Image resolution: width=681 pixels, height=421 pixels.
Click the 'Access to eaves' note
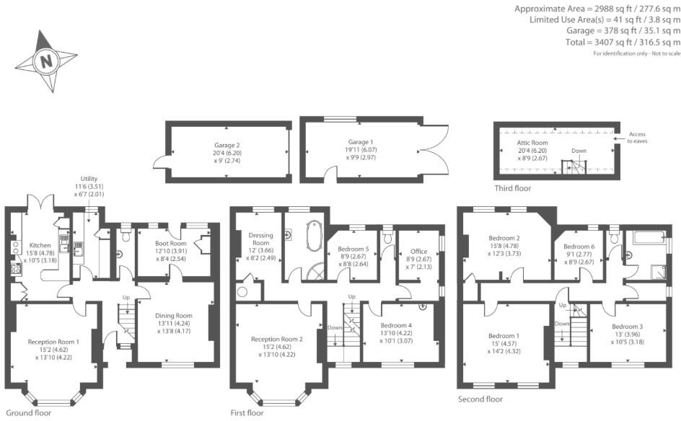pos(638,138)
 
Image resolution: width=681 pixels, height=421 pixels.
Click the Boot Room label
pos(170,244)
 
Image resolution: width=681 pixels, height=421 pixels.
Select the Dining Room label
pos(175,315)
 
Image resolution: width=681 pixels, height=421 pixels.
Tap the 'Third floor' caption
pos(512,189)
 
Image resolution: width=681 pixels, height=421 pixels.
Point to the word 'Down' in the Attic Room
pos(579,151)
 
